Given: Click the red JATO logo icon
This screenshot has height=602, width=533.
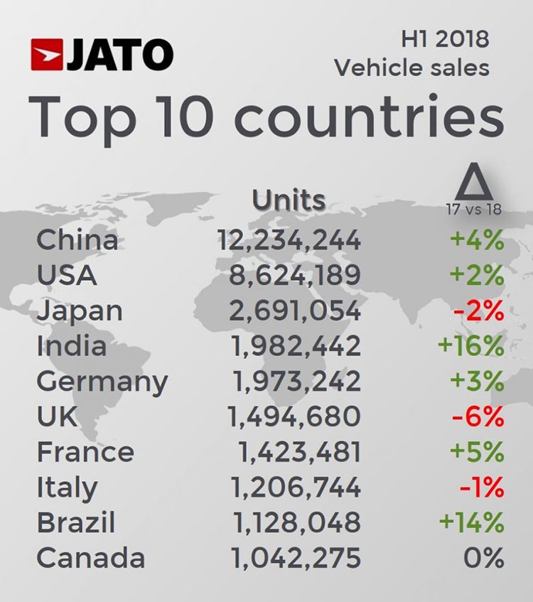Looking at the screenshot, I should (48, 55).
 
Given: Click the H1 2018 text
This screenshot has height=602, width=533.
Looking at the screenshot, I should (445, 38).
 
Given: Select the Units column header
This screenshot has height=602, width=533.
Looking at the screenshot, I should (289, 201).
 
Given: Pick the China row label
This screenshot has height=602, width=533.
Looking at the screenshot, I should (77, 240).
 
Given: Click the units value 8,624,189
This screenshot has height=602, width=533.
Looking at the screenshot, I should (294, 275).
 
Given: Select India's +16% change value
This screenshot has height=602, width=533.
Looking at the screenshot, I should (471, 346).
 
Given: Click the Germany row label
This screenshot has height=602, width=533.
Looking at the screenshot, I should (102, 382).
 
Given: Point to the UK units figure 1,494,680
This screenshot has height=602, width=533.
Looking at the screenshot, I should (294, 417).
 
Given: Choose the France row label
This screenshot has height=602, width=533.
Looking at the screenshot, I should (85, 452).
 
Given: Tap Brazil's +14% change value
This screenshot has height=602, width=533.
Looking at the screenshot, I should (471, 523).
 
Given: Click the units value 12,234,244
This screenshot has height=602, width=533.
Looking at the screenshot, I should (289, 240).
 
